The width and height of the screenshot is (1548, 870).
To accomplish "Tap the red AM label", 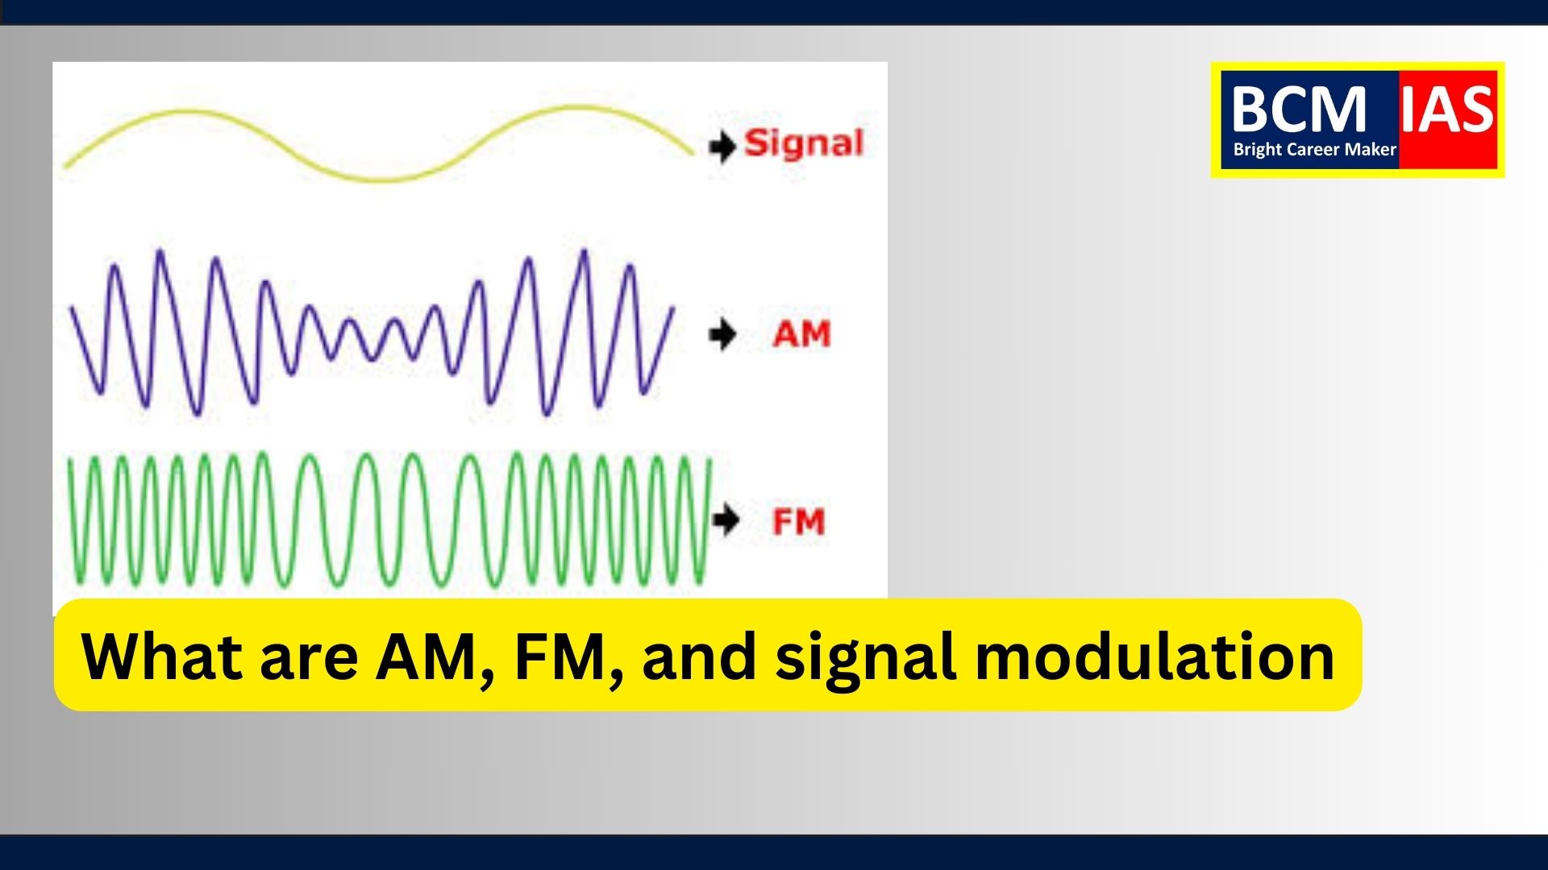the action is (x=801, y=334).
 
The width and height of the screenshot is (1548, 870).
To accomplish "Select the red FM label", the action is (x=799, y=522).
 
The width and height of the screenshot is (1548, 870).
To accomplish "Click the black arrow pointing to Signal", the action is (x=722, y=147).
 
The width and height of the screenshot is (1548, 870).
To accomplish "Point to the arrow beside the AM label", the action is (x=723, y=333).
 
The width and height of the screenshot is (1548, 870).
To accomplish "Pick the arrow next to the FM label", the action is (x=726, y=520).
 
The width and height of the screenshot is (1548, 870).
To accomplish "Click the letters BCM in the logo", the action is (x=1300, y=109).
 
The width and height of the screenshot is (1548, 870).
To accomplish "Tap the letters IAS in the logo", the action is (x=1447, y=109).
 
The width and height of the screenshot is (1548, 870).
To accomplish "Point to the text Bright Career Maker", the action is (x=1314, y=150).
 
